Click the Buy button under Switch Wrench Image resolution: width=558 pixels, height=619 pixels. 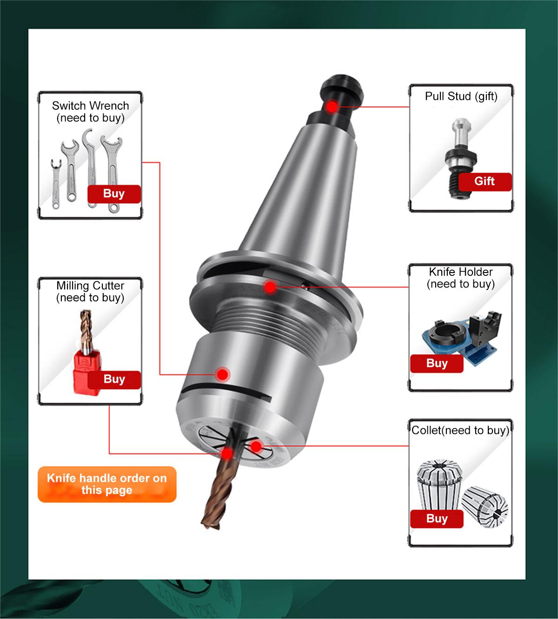114,194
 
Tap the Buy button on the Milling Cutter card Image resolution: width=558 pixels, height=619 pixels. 114,379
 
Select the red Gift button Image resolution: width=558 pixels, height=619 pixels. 485,181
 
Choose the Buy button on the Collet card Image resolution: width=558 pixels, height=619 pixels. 437,519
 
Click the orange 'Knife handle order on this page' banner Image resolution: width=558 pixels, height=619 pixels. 107,484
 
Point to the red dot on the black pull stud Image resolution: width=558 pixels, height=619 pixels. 332,107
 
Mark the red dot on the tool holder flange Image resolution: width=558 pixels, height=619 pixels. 270,287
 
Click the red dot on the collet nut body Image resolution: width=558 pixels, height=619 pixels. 223,375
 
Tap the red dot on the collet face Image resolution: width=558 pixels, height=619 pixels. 256,446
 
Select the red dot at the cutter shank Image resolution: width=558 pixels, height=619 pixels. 227,453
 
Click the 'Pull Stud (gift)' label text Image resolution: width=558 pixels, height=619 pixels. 461,96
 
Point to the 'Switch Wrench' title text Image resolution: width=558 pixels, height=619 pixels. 90,106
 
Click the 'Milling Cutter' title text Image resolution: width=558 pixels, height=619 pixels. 90,286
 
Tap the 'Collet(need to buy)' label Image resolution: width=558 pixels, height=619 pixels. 460,430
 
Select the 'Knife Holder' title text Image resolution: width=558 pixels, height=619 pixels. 461,272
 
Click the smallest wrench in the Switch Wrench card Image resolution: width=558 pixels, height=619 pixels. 56,184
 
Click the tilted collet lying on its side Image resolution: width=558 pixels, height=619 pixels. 484,507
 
